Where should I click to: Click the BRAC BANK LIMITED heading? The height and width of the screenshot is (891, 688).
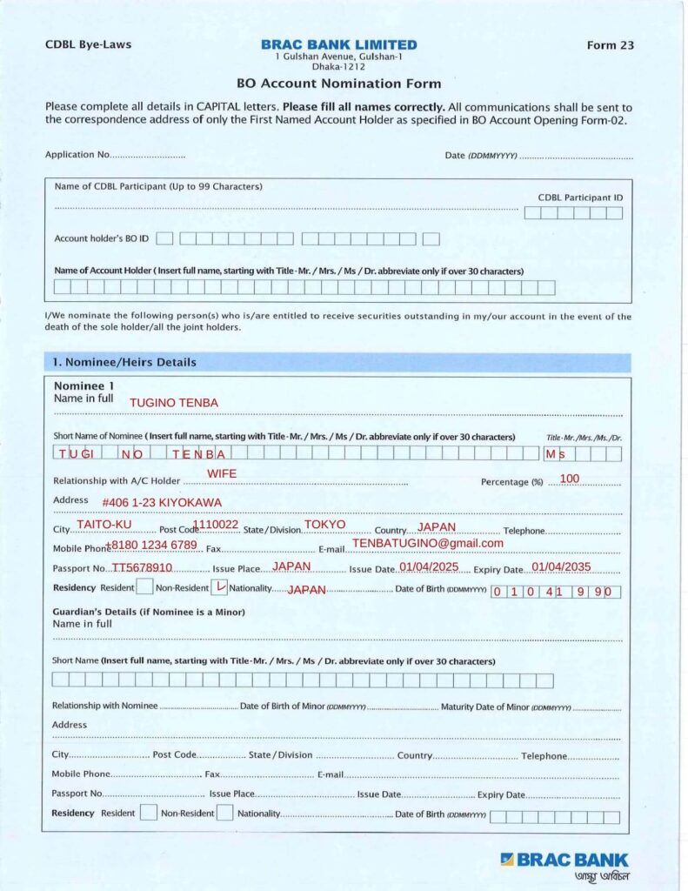click(338, 44)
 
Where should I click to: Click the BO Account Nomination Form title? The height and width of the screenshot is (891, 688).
click(338, 84)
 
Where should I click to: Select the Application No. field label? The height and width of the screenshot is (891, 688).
click(77, 155)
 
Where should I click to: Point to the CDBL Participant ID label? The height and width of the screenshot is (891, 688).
click(580, 198)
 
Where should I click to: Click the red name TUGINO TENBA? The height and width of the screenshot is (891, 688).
click(173, 403)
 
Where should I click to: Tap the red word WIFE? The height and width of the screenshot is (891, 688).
click(222, 473)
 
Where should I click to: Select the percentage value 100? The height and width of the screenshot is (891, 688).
click(570, 479)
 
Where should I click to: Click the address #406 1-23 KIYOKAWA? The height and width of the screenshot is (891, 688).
click(161, 503)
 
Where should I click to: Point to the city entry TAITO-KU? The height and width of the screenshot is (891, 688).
click(104, 525)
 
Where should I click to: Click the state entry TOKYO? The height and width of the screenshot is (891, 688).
click(324, 525)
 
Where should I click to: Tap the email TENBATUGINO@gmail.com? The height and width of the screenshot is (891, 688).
click(427, 543)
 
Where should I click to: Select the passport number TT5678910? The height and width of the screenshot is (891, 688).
click(142, 567)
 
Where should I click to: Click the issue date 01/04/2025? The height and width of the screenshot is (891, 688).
click(429, 566)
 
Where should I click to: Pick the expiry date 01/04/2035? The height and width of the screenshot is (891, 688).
click(561, 566)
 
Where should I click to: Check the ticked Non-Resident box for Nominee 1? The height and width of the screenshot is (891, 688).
click(220, 587)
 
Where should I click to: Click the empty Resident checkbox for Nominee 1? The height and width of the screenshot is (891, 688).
click(145, 587)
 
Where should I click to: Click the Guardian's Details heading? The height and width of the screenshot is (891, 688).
click(149, 612)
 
